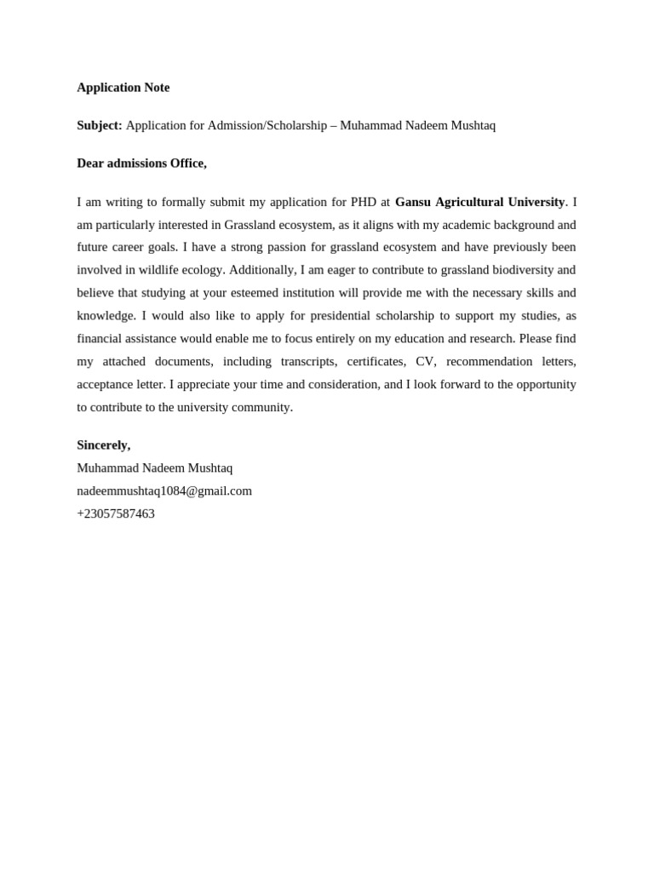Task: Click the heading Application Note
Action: click(123, 87)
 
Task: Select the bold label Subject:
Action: click(100, 125)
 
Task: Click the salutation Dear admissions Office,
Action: click(141, 163)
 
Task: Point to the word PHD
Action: click(364, 202)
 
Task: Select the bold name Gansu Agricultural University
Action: click(479, 202)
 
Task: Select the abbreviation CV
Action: click(426, 361)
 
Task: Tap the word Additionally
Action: click(262, 270)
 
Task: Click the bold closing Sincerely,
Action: click(104, 445)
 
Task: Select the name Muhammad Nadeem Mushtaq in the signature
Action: click(154, 468)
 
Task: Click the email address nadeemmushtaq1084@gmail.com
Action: click(164, 490)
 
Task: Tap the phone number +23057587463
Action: click(116, 513)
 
